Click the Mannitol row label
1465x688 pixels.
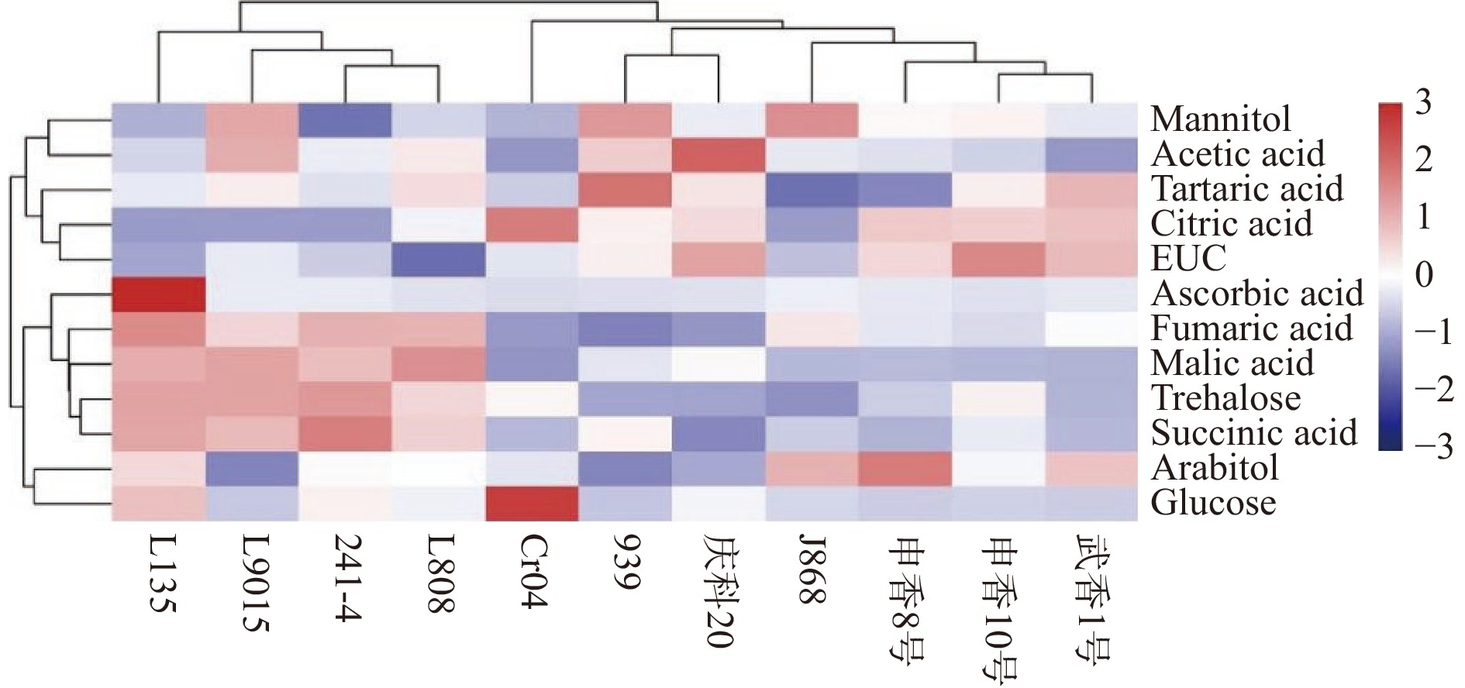click(1221, 119)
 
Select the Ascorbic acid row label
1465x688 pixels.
click(1256, 294)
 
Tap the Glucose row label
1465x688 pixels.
click(1213, 503)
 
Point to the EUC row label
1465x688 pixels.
click(1189, 259)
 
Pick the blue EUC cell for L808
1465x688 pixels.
click(439, 259)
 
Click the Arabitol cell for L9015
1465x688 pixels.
click(252, 468)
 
